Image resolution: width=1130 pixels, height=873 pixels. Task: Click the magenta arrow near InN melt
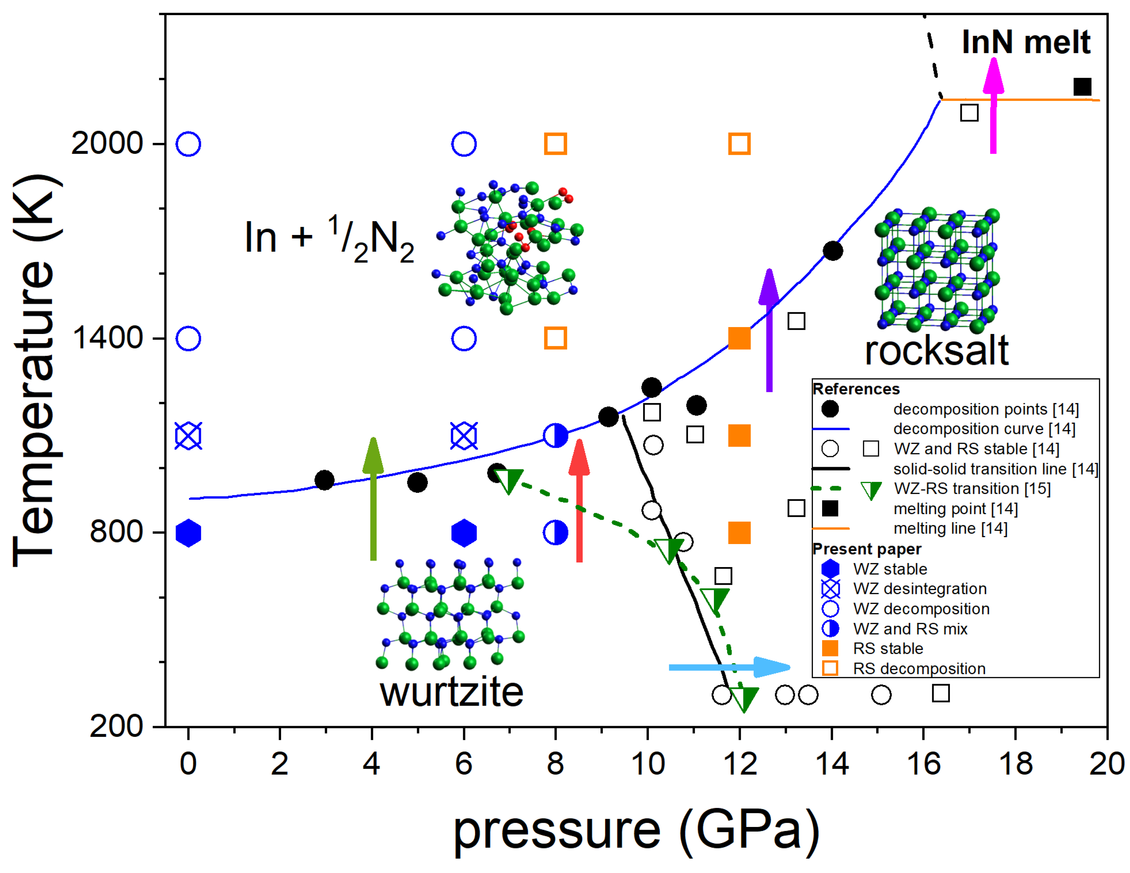[x=993, y=106]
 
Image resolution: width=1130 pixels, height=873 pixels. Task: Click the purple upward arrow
[x=769, y=331]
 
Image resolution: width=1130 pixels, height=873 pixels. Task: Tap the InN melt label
[x=1026, y=42]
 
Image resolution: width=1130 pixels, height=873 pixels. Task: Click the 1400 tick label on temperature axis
[x=108, y=338]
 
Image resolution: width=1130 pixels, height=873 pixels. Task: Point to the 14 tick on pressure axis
[x=832, y=764]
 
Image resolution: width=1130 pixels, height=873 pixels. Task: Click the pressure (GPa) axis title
[x=636, y=830]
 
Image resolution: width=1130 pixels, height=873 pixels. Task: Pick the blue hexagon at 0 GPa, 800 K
[x=188, y=533]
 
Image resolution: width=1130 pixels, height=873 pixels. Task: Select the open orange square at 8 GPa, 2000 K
[x=555, y=144]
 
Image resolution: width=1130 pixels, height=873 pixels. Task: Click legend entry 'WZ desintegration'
[x=919, y=589]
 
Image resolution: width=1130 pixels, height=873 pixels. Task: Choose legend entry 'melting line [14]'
[x=950, y=529]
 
